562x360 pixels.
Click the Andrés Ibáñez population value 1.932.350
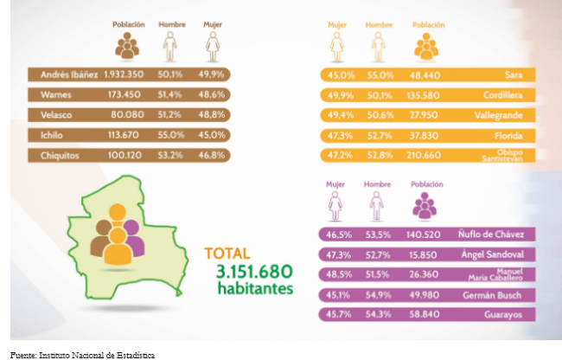tap(125, 74)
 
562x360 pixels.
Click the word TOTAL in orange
tap(227, 254)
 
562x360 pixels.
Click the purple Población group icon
tap(424, 206)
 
